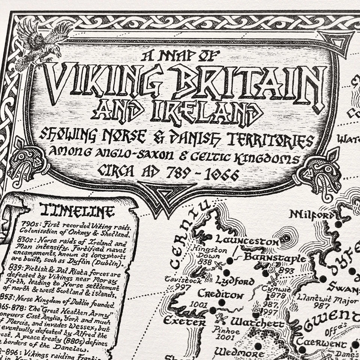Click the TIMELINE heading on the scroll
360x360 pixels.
click(x=77, y=211)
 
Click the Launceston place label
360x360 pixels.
click(x=247, y=241)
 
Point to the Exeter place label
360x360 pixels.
click(x=184, y=321)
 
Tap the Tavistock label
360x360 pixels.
click(x=183, y=280)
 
